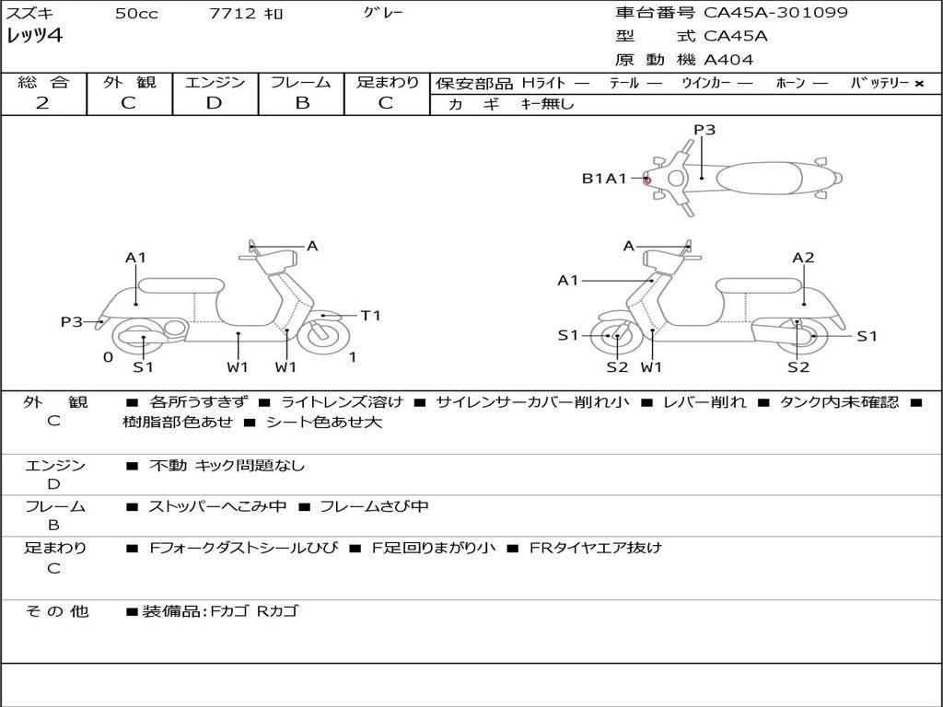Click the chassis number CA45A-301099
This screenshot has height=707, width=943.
(775, 13)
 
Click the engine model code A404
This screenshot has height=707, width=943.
(728, 60)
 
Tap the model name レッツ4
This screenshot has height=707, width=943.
(35, 36)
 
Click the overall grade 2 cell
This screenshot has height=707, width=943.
(42, 103)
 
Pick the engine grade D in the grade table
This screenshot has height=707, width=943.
(214, 103)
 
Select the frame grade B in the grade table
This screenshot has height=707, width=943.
(302, 103)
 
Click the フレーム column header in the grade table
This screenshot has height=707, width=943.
(301, 82)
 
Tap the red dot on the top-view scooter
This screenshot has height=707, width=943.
(647, 180)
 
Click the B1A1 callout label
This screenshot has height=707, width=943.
(603, 179)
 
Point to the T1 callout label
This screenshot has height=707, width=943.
(370, 316)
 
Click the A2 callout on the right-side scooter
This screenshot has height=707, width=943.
(803, 258)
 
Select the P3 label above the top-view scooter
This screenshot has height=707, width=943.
(704, 130)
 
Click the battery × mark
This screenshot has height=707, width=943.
(918, 83)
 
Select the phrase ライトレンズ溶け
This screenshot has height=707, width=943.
(342, 402)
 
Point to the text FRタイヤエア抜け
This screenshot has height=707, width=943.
(595, 548)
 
